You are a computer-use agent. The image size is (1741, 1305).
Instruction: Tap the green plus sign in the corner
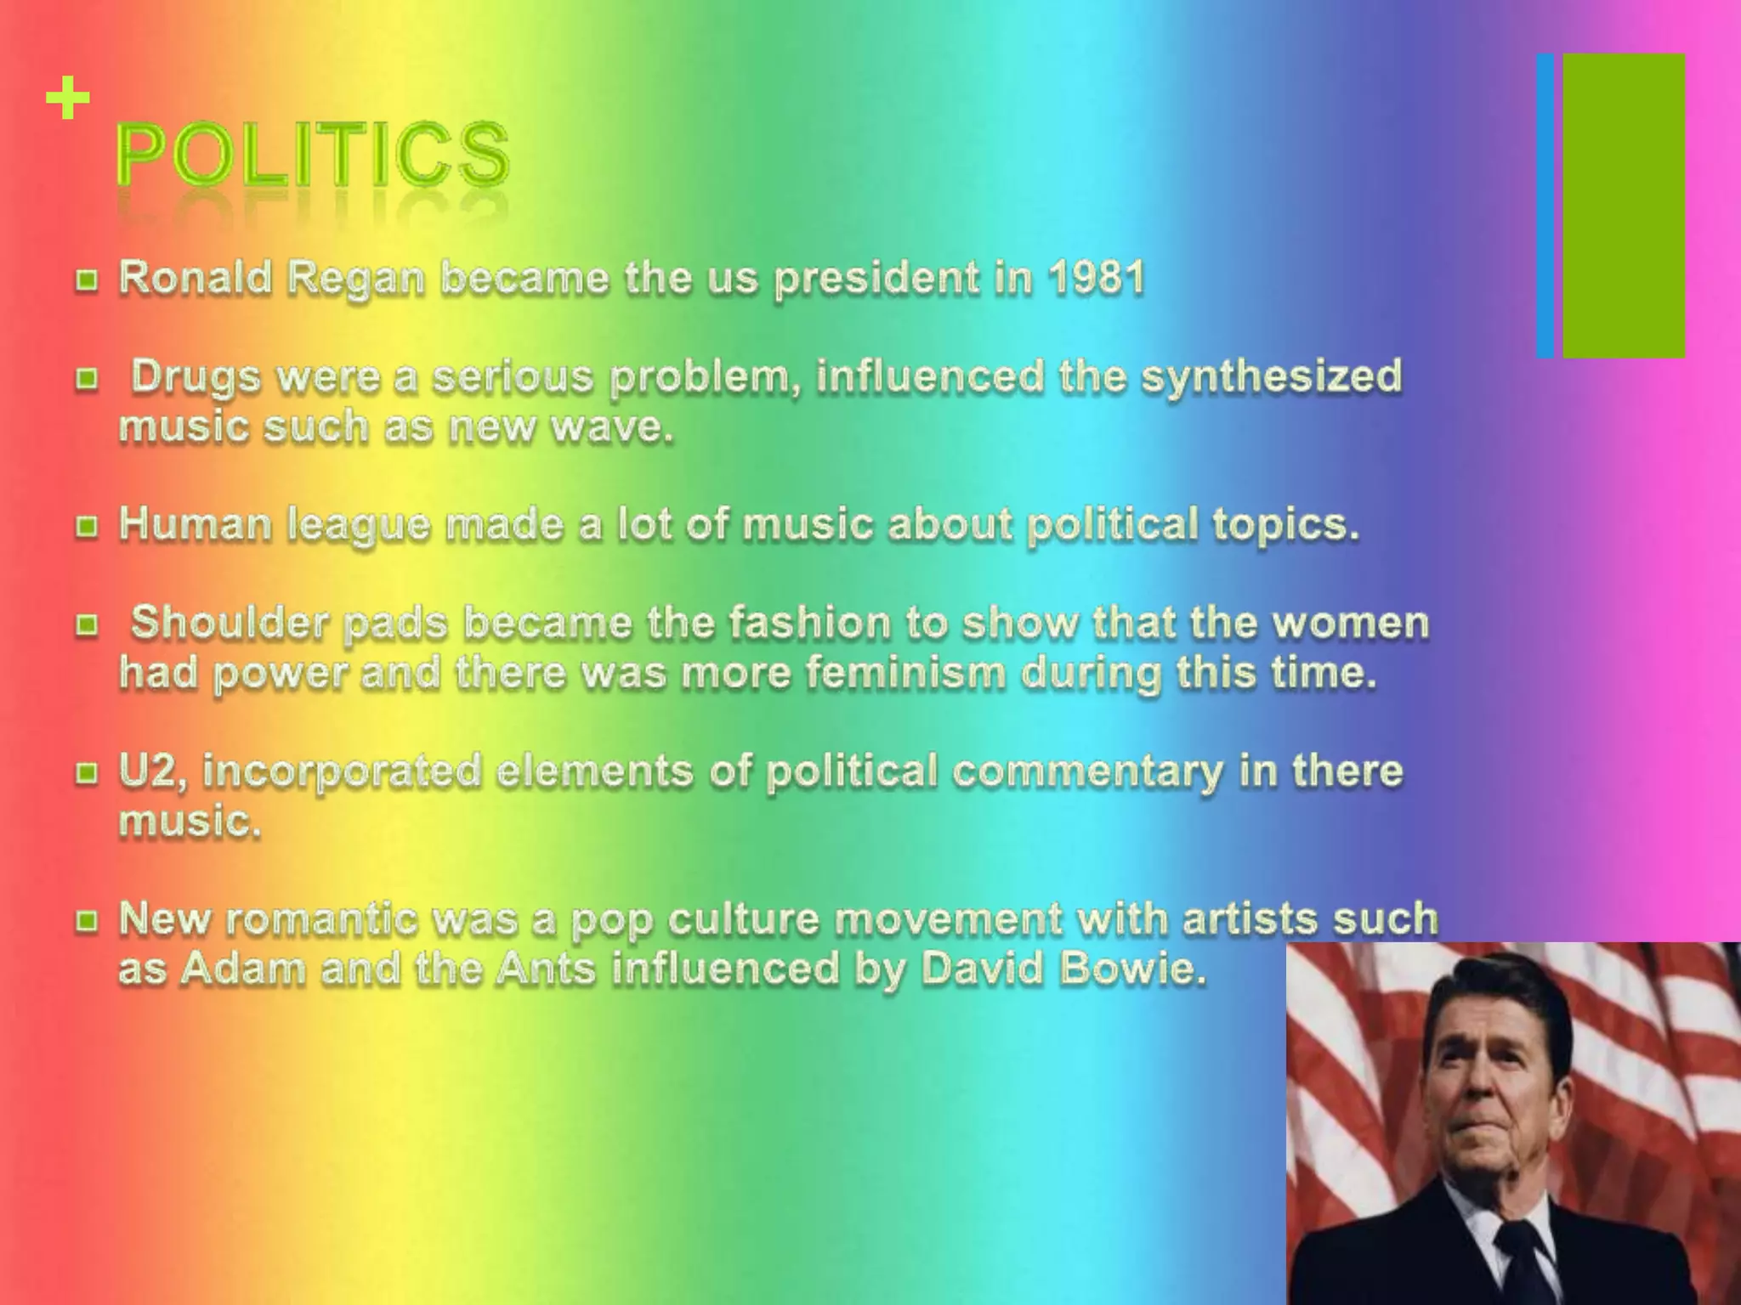pyautogui.click(x=68, y=99)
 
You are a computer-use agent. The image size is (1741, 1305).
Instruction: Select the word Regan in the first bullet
pyautogui.click(x=355, y=280)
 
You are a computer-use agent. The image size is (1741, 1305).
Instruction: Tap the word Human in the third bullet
pyautogui.click(x=195, y=524)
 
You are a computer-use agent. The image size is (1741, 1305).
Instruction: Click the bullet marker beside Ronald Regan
pyautogui.click(x=86, y=280)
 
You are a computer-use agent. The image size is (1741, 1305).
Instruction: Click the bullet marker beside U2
pyautogui.click(x=86, y=773)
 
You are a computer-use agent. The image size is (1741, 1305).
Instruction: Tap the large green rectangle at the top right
pyautogui.click(x=1624, y=206)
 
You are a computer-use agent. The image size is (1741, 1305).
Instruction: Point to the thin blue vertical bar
pyautogui.click(x=1545, y=206)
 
